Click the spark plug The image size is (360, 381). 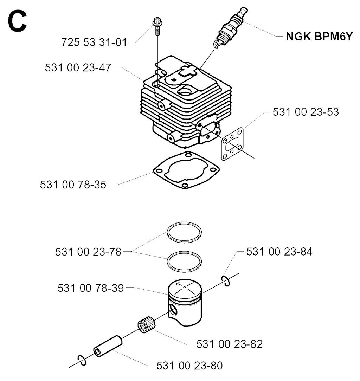pos(230,27)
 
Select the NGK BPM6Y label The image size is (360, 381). pos(319,37)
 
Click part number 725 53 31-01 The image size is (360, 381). pos(94,42)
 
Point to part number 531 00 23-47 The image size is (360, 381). pos(78,67)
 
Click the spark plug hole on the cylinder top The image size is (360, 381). pos(185,92)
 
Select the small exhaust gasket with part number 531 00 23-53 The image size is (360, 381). pos(232,144)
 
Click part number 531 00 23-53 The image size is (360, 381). pos(306,112)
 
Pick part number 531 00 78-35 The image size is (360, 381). pos(73,185)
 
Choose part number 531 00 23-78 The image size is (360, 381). pos(88,252)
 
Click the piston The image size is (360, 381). pos(185,303)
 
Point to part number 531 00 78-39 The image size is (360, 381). pos(91,288)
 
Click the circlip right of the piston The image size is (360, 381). pos(226,281)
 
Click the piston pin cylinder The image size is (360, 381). pos(108,346)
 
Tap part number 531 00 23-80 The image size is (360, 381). pos(189,366)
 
